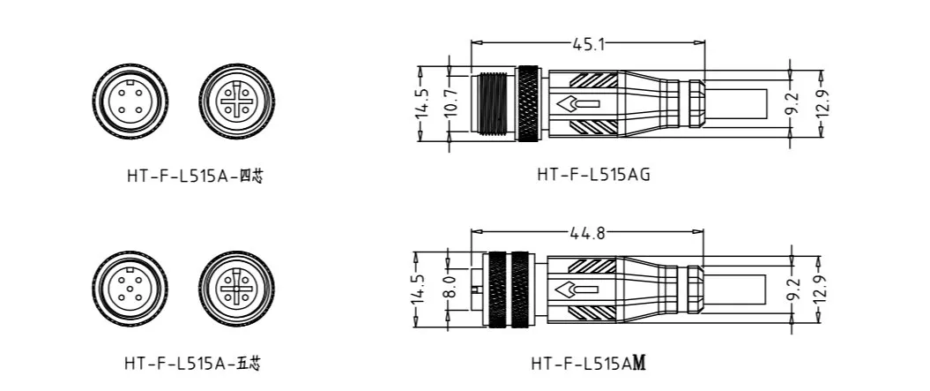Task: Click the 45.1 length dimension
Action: (x=588, y=43)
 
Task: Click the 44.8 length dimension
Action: (x=587, y=233)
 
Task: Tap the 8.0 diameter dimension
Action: (x=450, y=287)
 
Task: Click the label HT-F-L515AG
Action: (x=594, y=175)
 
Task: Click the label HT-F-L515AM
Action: (x=588, y=363)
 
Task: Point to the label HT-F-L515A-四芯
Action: (x=195, y=177)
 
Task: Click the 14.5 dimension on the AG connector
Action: (x=421, y=103)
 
